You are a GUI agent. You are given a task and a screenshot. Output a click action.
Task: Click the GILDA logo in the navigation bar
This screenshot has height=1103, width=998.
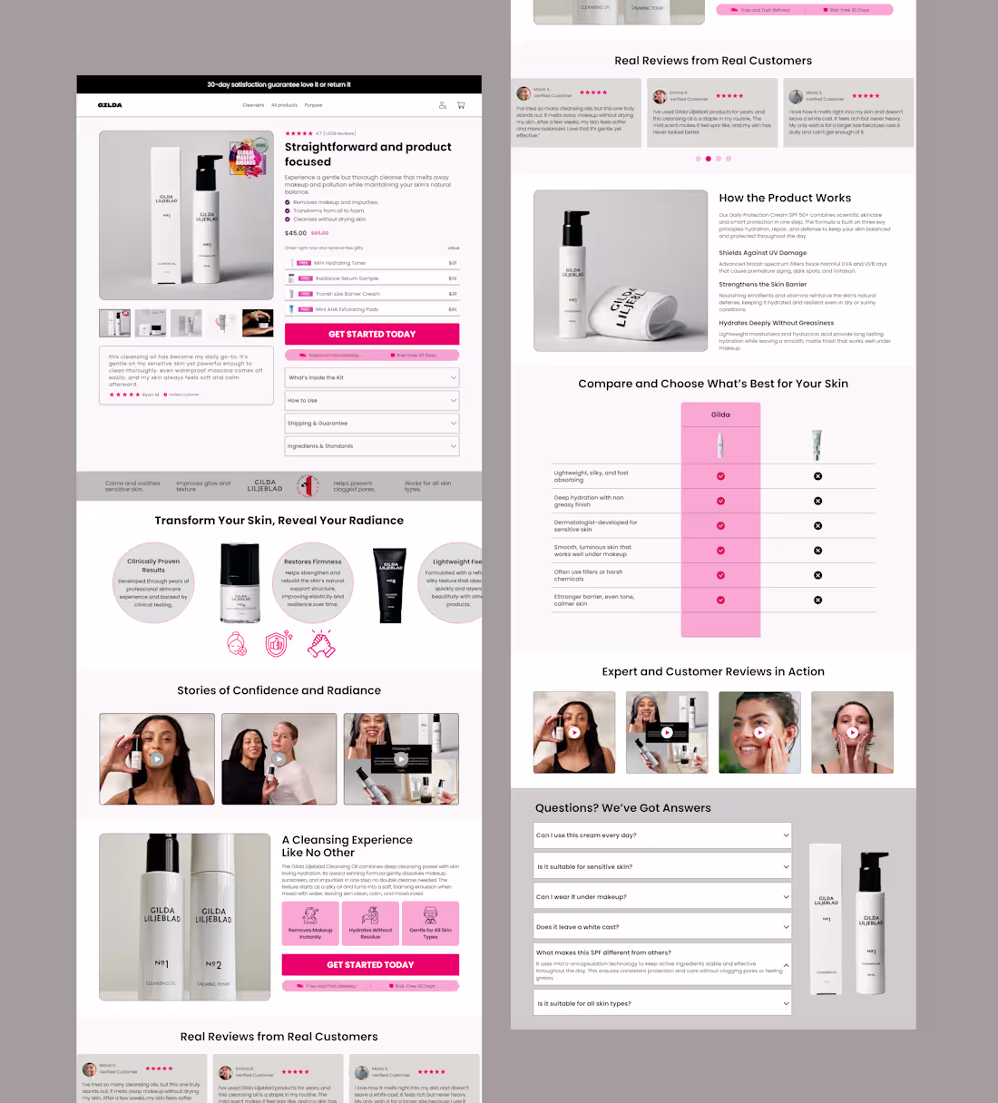coord(110,105)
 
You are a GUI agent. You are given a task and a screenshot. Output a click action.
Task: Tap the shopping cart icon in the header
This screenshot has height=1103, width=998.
coord(461,105)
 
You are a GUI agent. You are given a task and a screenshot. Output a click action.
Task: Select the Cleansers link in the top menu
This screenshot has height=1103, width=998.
coord(253,105)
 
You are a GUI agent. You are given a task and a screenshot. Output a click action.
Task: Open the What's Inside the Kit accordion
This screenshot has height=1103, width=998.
coord(372,377)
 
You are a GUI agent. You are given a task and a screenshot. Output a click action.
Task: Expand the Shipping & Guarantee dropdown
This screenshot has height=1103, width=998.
coord(372,424)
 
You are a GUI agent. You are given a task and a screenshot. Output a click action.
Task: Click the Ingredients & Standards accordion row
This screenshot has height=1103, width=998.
coord(372,446)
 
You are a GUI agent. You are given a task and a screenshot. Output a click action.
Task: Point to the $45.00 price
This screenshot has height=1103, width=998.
coord(296,233)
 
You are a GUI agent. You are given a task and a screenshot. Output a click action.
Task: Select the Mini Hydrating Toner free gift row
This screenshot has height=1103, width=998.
coord(372,263)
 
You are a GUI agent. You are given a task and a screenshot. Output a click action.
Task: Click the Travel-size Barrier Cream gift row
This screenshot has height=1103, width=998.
coord(372,294)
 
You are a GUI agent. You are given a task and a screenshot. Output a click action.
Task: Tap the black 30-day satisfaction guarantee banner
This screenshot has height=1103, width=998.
coord(279,84)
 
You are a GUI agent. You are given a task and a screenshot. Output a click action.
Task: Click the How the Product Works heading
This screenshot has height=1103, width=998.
coord(785,198)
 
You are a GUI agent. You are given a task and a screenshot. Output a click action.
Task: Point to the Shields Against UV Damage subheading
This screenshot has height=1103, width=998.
coord(762,253)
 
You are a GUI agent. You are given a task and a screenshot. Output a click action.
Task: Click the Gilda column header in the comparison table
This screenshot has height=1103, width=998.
coord(720,415)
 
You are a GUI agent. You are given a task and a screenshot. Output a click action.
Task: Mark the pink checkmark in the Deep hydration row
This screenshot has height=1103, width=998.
coord(720,501)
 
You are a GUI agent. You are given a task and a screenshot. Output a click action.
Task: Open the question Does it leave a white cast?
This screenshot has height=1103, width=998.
coord(662,927)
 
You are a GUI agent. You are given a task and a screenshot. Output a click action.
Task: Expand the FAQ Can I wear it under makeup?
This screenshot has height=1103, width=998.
coord(662,897)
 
